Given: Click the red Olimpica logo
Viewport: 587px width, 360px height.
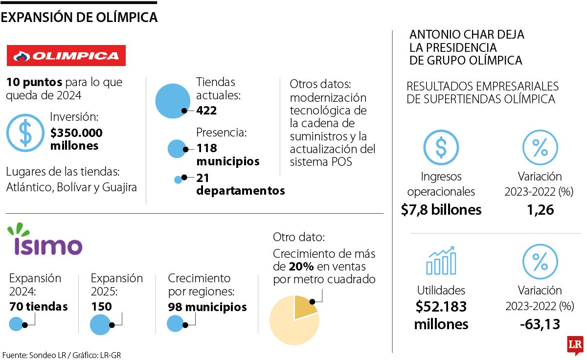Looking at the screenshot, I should coord(66,55).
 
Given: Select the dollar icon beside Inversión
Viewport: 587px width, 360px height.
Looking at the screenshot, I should coord(25,133).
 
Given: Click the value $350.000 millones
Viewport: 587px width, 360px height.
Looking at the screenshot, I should coord(76,139).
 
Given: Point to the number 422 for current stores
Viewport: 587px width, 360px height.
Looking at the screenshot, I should coord(206,111).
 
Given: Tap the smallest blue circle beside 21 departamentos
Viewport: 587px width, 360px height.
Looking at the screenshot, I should coord(178,180).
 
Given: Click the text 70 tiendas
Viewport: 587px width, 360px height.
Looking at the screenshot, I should coord(39,307).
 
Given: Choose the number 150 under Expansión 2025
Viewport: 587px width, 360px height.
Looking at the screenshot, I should coord(101,307).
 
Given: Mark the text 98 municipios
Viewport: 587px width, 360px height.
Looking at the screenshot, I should coord(207,307).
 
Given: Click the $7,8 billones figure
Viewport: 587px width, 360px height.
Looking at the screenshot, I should coord(441,210).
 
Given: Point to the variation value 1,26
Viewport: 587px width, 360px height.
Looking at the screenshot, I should coord(540,210).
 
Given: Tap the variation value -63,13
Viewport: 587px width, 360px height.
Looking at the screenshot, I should coord(540,324).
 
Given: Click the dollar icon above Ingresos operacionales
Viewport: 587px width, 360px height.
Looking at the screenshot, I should coord(441,147).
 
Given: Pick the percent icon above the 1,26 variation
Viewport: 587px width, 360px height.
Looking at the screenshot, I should coord(540,147).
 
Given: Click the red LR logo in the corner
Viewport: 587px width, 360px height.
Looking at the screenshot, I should coord(575,345).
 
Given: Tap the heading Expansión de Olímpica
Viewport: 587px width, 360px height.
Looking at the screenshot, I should coord(79,18).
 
